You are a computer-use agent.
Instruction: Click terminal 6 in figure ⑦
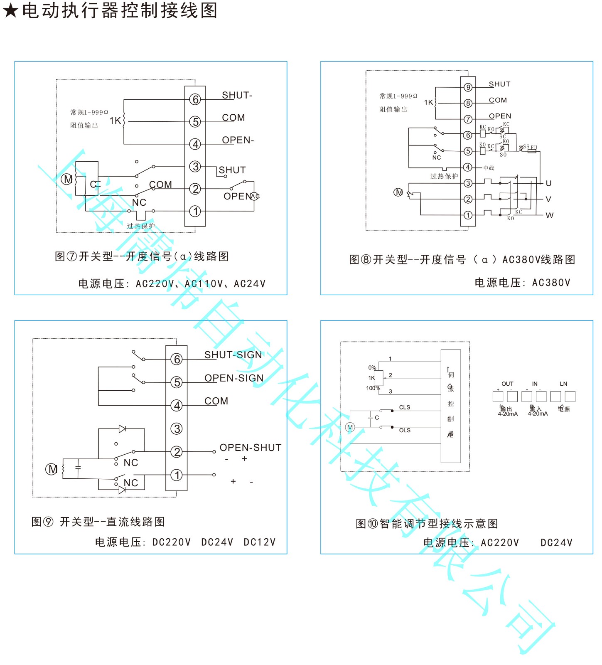click(195, 99)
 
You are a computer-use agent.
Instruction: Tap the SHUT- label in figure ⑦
click(237, 95)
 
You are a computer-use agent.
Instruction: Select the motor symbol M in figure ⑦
click(67, 179)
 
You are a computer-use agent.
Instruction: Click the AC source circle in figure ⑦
click(255, 196)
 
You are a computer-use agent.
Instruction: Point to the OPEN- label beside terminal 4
click(238, 140)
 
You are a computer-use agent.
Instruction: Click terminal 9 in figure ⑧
click(468, 87)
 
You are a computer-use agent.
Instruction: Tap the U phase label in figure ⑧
click(548, 183)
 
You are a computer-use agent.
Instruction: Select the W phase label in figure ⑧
click(549, 215)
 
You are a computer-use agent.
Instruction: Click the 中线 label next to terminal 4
click(489, 168)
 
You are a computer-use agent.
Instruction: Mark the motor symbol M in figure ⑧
click(398, 192)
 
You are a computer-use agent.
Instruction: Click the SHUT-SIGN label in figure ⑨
click(233, 355)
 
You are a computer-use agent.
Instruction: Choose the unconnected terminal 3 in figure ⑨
click(177, 429)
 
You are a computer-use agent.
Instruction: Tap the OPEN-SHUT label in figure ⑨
click(250, 448)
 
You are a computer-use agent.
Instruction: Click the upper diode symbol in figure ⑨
click(122, 429)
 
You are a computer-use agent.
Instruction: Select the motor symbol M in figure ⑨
click(51, 469)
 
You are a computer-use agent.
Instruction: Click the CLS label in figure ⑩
click(404, 407)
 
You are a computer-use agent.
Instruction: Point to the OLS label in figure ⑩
click(404, 430)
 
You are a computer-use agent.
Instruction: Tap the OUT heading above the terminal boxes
click(507, 384)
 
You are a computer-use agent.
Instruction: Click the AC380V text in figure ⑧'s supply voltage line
click(551, 283)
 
